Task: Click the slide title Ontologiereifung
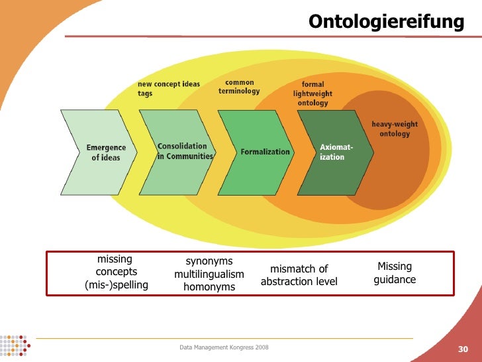click(386, 22)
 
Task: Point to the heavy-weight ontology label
click(395, 129)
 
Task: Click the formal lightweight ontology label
click(313, 94)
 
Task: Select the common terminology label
click(239, 87)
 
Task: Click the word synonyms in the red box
click(209, 261)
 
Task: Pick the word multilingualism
click(209, 274)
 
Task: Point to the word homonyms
click(209, 287)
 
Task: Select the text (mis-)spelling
click(117, 285)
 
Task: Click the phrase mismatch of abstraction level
click(299, 275)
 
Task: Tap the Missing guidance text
click(395, 273)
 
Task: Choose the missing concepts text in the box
click(116, 265)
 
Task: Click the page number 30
click(463, 349)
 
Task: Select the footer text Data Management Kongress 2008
click(224, 347)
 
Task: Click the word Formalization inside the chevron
click(265, 152)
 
